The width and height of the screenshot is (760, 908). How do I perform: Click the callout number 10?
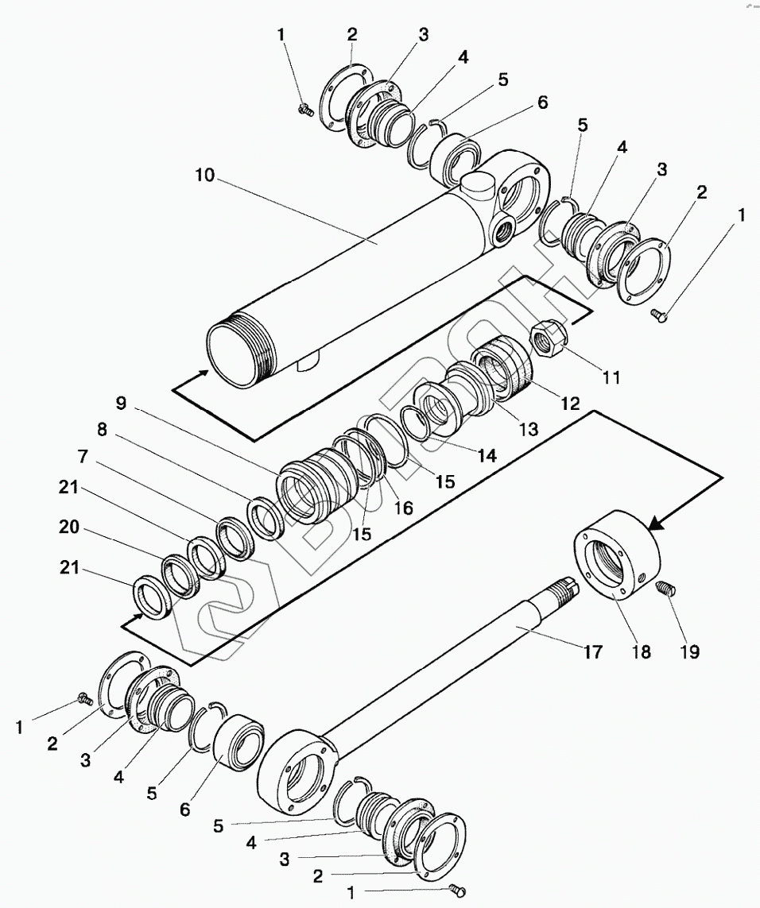tap(204, 176)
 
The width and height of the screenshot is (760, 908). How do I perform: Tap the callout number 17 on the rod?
tap(592, 652)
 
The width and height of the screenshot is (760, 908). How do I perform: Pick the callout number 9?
tap(120, 403)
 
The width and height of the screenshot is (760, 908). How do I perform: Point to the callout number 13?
tap(527, 429)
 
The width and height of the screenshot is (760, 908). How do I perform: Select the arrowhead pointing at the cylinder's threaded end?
tap(204, 372)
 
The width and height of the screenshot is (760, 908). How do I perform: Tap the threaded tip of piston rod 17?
tap(565, 588)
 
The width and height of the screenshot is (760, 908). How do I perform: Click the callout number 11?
tap(610, 377)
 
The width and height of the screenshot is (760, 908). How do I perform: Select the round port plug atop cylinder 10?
tap(475, 184)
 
